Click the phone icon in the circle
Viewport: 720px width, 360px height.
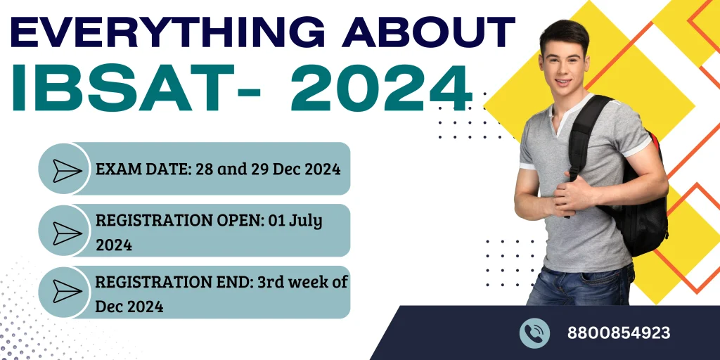click(x=534, y=333)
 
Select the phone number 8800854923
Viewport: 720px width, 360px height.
click(x=619, y=333)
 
